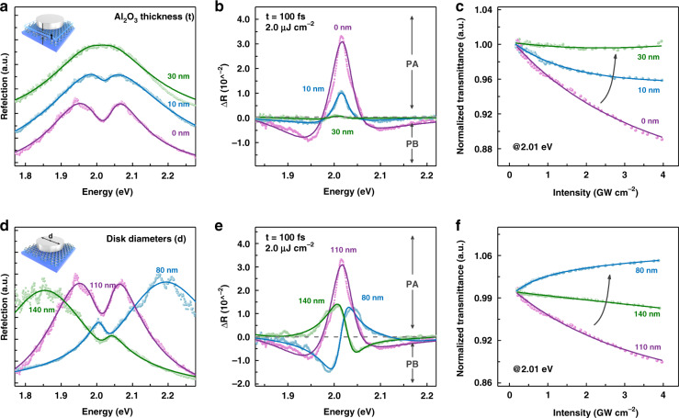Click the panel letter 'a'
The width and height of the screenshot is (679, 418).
[x=6, y=8]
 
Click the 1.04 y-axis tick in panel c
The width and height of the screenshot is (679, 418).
[x=487, y=10]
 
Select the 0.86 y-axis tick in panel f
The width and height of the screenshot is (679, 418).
[x=487, y=381]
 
